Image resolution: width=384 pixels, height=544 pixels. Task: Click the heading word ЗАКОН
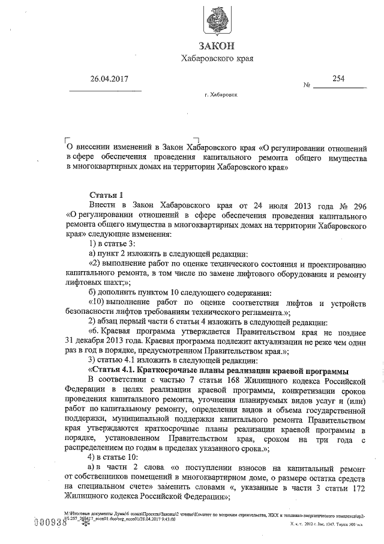pyautogui.click(x=218, y=46)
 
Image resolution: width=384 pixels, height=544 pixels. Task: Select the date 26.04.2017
pyautogui.click(x=110, y=79)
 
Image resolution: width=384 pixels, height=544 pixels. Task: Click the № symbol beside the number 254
pyautogui.click(x=307, y=85)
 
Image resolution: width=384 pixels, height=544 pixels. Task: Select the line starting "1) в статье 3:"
pyautogui.click(x=111, y=243)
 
